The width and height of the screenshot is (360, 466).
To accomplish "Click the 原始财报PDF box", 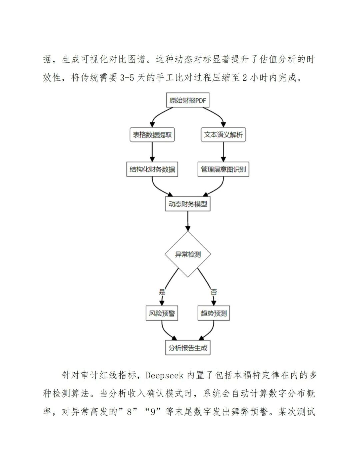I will pyautogui.click(x=188, y=100).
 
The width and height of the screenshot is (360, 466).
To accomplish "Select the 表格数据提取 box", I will pyautogui.click(x=152, y=135).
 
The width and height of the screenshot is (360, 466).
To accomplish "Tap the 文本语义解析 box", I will pyautogui.click(x=223, y=135).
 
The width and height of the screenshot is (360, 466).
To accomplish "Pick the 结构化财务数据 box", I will pyautogui.click(x=152, y=169).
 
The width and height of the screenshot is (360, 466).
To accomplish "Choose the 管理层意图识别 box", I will pyautogui.click(x=223, y=169).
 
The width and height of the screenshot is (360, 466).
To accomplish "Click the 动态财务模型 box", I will pyautogui.click(x=188, y=204).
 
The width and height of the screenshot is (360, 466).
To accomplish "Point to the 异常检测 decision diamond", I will pyautogui.click(x=188, y=255).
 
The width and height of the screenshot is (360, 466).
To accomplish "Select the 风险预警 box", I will pyautogui.click(x=162, y=313).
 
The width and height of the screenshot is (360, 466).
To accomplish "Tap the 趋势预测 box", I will pyautogui.click(x=214, y=313).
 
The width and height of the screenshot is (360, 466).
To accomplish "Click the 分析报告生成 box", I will pyautogui.click(x=188, y=348).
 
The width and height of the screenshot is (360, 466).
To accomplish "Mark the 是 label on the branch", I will pyautogui.click(x=162, y=292).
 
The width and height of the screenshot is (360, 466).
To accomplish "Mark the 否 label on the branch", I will pyautogui.click(x=214, y=292).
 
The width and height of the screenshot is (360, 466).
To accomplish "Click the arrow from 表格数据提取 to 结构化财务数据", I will pyautogui.click(x=152, y=152).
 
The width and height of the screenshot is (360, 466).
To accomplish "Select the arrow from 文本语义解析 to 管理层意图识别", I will pyautogui.click(x=223, y=152).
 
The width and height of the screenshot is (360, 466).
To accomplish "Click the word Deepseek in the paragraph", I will pyautogui.click(x=164, y=375).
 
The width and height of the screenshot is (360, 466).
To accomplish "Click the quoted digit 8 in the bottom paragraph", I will pyautogui.click(x=130, y=412).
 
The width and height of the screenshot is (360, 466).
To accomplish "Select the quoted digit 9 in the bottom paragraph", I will pyautogui.click(x=153, y=412).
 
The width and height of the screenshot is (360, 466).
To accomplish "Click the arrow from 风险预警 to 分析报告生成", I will pyautogui.click(x=165, y=332).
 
